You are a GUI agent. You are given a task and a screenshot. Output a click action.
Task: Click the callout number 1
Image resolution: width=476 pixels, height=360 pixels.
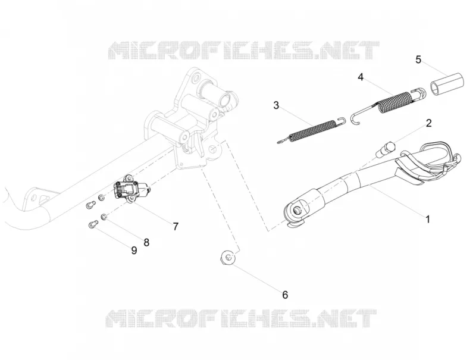pos(428,219)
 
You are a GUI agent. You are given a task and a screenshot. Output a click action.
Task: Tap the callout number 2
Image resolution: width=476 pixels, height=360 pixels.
pos(428,123)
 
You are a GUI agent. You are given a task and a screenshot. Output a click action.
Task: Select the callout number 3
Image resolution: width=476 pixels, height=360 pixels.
pos(276,105)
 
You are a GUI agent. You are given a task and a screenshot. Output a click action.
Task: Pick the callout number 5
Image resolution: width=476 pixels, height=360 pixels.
pos(418,60)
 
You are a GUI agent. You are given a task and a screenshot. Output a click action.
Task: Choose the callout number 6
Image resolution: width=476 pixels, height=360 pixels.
pos(285,295)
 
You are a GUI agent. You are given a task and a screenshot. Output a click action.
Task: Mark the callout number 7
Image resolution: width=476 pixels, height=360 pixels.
pos(176,226)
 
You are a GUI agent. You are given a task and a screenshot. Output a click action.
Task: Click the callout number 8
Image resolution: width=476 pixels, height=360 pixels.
pos(146,242)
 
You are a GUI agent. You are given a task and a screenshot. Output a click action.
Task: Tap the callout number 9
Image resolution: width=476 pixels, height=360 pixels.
pos(134,251)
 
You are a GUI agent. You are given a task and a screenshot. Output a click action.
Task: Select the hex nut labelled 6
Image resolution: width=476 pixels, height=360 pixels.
pos(228,258)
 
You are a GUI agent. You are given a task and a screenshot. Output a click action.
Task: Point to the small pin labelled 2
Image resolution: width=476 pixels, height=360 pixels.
pos(385,148)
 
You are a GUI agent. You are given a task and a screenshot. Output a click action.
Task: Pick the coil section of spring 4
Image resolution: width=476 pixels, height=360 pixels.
pos(394,102)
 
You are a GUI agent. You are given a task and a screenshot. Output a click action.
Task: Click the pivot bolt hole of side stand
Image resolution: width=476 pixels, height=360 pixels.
pos(297,209)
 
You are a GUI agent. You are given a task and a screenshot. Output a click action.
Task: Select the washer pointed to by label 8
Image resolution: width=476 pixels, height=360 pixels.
pos(104,217)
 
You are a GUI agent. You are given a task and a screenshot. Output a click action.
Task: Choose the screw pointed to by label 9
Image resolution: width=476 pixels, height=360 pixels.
pos(93,224)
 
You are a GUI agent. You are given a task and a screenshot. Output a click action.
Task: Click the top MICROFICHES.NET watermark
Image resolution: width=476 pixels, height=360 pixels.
pos(244,51)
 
